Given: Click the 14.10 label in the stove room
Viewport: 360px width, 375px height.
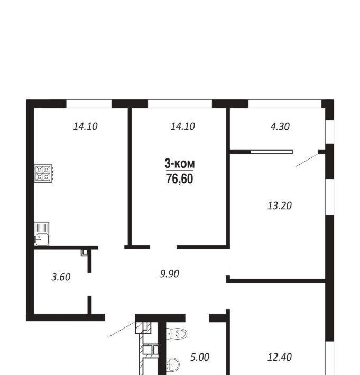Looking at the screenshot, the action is (x=86, y=126).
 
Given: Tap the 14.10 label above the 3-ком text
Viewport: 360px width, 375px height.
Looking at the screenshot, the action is (x=182, y=126).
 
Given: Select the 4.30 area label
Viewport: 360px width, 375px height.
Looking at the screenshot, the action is (x=280, y=126).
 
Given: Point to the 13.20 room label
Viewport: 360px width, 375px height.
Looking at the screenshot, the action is (x=280, y=205).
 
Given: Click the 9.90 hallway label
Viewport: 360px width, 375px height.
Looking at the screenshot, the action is (x=170, y=274).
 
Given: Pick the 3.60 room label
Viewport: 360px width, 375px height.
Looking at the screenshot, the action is (x=61, y=277).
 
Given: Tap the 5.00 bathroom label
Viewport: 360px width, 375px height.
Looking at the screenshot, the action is (x=200, y=357).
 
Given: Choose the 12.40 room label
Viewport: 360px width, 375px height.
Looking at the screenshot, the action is (x=280, y=357).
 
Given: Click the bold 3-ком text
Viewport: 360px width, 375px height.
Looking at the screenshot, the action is (x=180, y=164).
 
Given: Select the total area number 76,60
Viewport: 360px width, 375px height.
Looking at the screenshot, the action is (x=180, y=179).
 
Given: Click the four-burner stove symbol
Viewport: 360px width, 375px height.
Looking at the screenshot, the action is (x=43, y=173).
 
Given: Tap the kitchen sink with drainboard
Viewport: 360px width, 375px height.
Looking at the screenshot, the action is (x=42, y=233).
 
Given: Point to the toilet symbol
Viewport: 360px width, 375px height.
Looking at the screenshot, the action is (x=177, y=333).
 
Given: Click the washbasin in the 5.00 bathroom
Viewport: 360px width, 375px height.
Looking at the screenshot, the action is (x=172, y=364).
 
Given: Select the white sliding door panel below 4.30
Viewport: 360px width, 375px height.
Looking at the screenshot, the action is (x=272, y=152).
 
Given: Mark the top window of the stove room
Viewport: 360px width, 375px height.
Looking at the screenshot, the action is (x=89, y=104).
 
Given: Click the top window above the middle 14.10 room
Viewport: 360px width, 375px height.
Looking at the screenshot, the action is (x=180, y=104).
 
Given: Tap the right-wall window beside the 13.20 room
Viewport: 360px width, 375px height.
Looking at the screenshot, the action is (x=330, y=197).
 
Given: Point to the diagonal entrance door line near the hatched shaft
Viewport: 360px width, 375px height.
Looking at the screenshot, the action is (x=122, y=330).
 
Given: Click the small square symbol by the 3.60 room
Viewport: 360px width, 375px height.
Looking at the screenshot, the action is (x=84, y=252).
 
